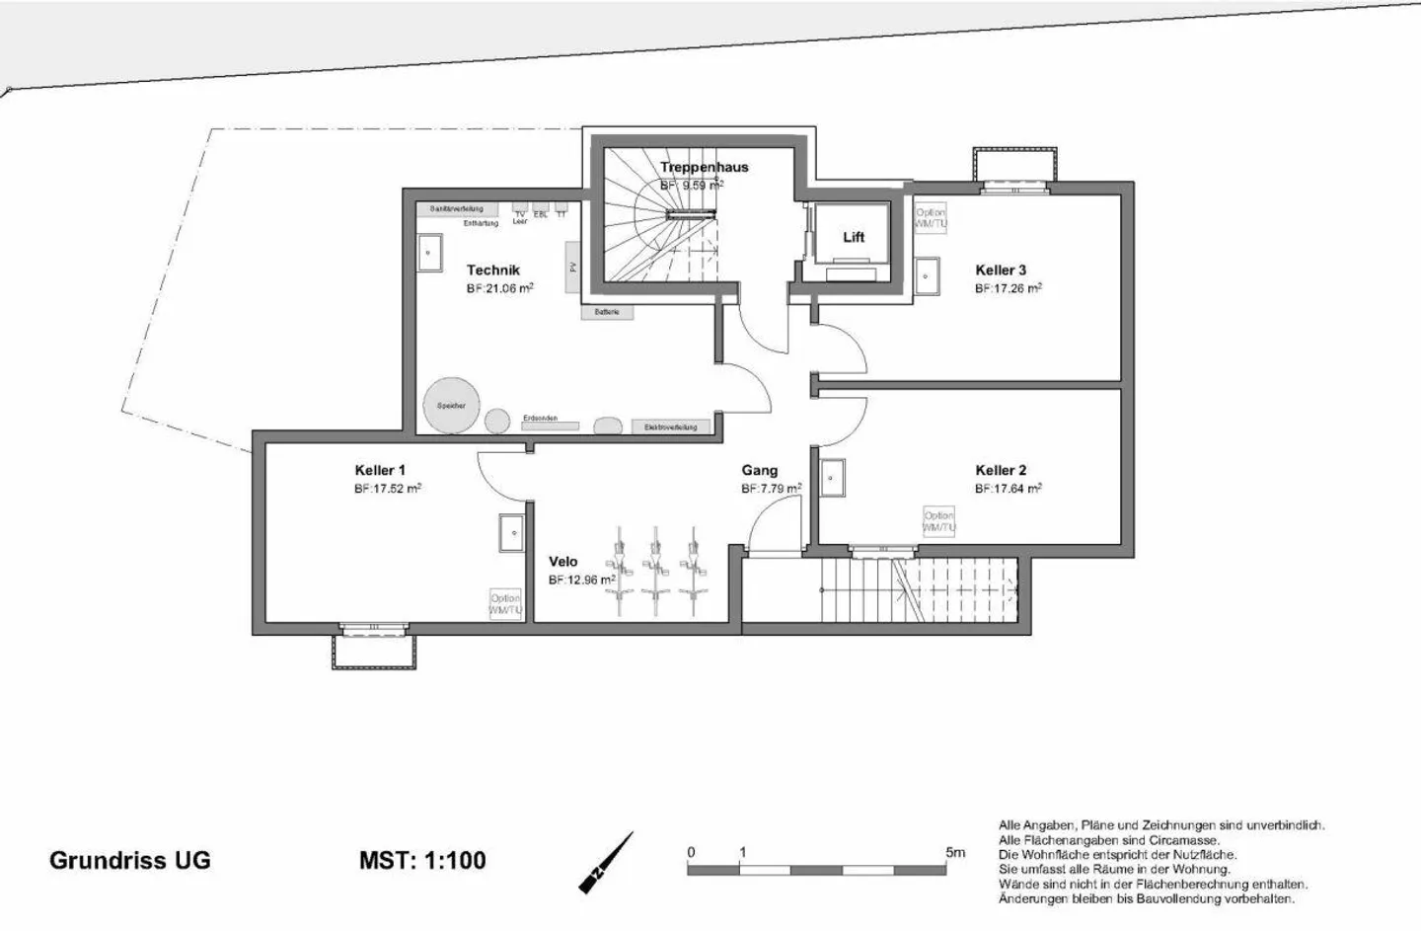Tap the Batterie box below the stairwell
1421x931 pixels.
(607, 312)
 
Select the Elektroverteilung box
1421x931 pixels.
(670, 427)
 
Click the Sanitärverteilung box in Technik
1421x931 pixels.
(456, 209)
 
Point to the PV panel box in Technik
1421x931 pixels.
(571, 267)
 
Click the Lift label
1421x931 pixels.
(853, 237)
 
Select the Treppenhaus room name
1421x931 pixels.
(704, 167)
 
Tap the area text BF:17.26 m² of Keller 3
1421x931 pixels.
(1008, 288)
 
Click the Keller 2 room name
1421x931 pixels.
(1001, 470)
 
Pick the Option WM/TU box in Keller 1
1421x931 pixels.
(504, 604)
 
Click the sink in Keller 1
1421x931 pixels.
(511, 533)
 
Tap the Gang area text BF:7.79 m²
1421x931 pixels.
(771, 488)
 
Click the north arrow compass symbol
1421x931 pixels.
(605, 863)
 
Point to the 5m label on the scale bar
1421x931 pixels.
(954, 852)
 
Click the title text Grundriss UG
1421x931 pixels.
(129, 860)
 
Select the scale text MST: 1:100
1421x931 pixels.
(422, 860)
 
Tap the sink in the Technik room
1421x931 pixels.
(428, 253)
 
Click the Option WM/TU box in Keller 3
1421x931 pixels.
(930, 218)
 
